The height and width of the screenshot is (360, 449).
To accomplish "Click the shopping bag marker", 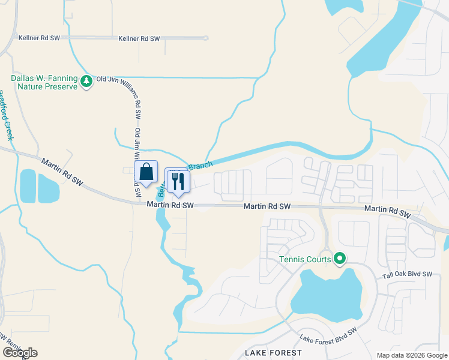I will (146, 172).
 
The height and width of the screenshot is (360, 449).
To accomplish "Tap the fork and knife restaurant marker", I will (177, 179).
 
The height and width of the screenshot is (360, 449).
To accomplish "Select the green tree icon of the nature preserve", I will (87, 81).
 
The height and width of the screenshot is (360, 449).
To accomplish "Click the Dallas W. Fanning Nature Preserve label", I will (44, 82).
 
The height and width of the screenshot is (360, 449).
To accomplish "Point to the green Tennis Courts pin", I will (340, 259).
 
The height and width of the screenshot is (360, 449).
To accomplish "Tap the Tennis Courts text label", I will (305, 260).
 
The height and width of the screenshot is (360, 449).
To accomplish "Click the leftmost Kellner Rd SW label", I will (38, 38).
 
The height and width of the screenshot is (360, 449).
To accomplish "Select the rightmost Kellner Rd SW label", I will (139, 38).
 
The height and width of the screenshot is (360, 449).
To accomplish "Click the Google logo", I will (20, 353).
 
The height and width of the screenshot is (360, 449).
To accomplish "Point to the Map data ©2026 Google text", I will (411, 355).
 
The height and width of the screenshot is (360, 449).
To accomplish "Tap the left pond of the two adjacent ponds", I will (27, 185).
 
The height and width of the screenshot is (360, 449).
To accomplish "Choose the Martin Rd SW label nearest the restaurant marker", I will (171, 205).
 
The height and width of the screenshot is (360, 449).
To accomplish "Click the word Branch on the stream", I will (201, 164).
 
